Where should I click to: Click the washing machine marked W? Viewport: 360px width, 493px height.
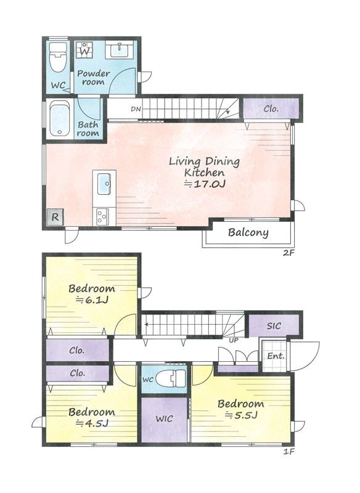click(84, 50)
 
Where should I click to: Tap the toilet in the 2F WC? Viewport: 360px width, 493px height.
click(58, 57)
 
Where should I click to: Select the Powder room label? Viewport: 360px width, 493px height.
click(93, 78)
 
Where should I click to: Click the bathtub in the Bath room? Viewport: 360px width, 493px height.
click(60, 118)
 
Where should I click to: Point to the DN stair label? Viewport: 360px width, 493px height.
click(136, 109)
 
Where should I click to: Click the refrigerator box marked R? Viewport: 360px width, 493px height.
click(55, 217)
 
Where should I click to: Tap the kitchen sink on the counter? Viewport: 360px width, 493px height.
click(104, 184)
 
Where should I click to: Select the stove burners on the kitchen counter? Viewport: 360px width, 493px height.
click(102, 217)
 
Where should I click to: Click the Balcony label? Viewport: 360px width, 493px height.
click(248, 233)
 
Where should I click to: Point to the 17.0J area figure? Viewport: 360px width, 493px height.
click(205, 184)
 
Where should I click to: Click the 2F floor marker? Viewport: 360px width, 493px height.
click(288, 253)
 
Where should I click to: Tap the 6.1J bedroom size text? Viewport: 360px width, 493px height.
click(92, 300)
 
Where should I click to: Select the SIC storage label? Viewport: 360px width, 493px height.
click(274, 326)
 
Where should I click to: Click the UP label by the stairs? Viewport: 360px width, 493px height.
click(234, 340)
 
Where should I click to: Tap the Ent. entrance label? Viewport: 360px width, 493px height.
click(276, 356)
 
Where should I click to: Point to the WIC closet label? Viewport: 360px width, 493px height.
click(164, 419)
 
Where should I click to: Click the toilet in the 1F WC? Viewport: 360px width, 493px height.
click(171, 379)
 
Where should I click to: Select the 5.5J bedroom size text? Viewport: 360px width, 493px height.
click(241, 415)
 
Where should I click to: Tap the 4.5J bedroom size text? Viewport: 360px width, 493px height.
click(92, 423)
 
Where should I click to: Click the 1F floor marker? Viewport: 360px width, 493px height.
click(288, 452)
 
